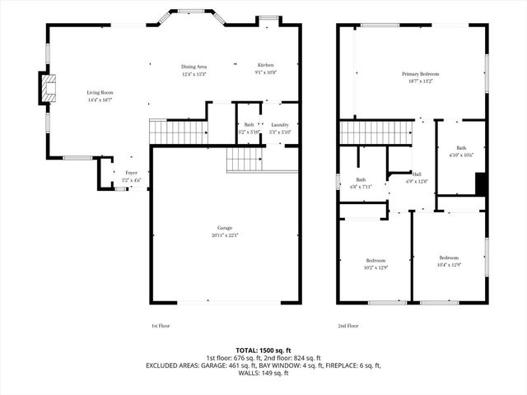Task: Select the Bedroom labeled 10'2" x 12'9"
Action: (x=375, y=263)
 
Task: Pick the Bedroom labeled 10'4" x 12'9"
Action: (x=447, y=260)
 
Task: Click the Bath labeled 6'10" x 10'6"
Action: (x=461, y=151)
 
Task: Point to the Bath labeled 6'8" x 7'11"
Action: (x=361, y=183)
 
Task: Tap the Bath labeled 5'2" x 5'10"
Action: (x=249, y=128)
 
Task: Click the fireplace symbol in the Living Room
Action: (x=49, y=88)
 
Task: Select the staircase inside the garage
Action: (x=244, y=159)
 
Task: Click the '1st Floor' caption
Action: (x=161, y=326)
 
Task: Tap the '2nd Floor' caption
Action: (x=347, y=326)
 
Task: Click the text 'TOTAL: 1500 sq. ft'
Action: (x=263, y=350)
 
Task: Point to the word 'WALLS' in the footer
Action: (x=249, y=374)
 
